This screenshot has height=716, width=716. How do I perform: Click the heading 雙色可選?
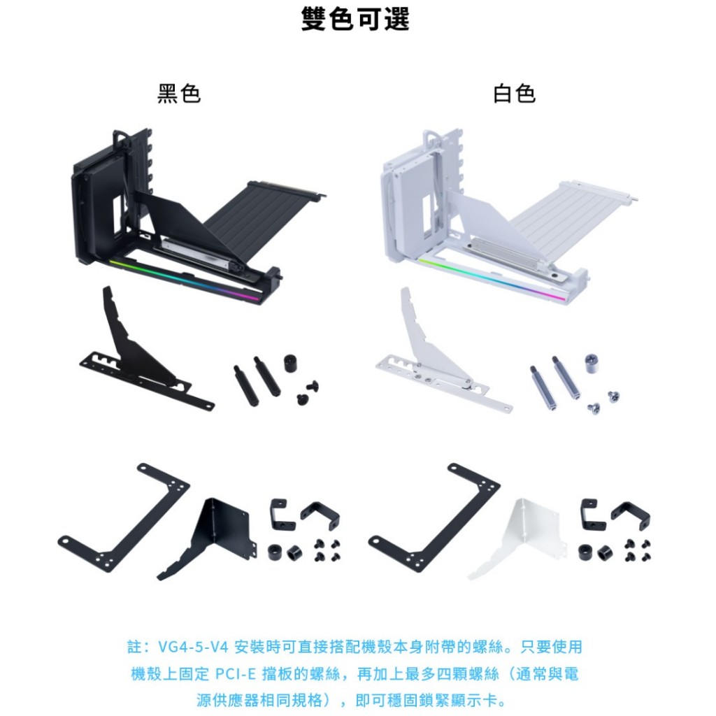pyautogui.click(x=355, y=19)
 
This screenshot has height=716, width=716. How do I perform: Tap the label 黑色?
pyautogui.click(x=179, y=94)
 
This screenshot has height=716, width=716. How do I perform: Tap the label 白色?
pyautogui.click(x=514, y=94)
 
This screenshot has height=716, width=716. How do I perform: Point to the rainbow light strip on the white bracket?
pyautogui.click(x=492, y=279)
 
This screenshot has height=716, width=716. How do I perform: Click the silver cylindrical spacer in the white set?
pyautogui.click(x=591, y=363)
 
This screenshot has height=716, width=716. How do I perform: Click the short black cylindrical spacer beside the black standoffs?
pyautogui.click(x=290, y=363)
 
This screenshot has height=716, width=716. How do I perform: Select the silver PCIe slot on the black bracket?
pyautogui.click(x=196, y=252)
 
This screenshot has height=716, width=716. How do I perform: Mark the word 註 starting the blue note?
pyautogui.click(x=134, y=647)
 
